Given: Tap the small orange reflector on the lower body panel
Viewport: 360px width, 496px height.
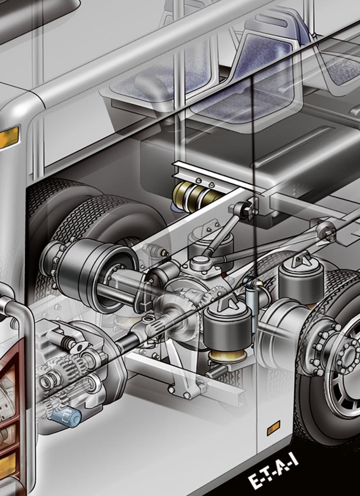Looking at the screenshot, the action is point(273,428).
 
